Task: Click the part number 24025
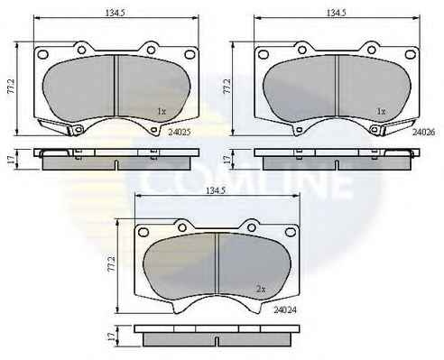[180, 132]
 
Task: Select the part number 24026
[423, 132]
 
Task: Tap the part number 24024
[285, 309]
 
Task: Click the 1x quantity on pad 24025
[162, 112]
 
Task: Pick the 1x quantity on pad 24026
[381, 112]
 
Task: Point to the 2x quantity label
[261, 290]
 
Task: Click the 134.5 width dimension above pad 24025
[115, 13]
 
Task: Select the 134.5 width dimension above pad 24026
[337, 13]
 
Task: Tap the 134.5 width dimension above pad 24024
[216, 190]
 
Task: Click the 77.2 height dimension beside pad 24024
[112, 264]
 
